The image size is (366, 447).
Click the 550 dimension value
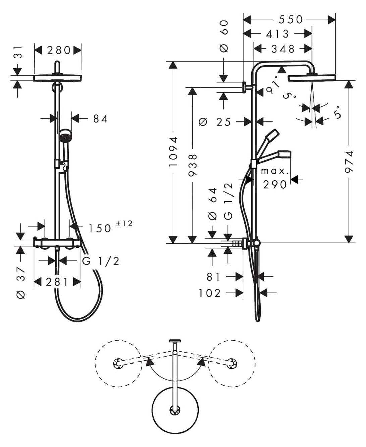(291, 20)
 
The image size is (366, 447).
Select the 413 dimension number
(277, 34)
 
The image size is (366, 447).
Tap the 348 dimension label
(283, 49)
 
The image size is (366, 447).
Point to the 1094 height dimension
(173, 152)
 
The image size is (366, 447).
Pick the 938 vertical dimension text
(193, 166)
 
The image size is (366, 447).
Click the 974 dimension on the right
(349, 162)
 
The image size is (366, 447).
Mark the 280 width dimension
(59, 50)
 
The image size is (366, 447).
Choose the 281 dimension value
(57, 282)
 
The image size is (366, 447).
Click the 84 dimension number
(101, 119)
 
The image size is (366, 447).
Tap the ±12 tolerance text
(124, 223)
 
